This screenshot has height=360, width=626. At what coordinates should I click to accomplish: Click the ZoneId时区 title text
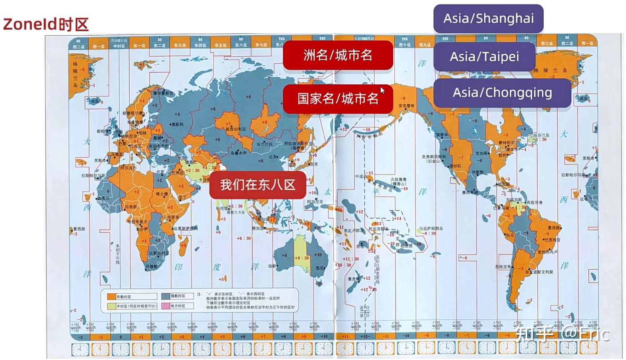[45, 24]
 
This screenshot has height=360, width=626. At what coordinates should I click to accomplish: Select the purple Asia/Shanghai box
[488, 18]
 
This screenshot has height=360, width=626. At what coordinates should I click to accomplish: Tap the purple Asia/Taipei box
[484, 57]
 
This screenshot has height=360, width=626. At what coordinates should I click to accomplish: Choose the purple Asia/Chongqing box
[502, 93]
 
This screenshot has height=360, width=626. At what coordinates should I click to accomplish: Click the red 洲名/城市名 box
[338, 55]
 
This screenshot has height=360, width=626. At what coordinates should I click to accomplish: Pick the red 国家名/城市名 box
[338, 99]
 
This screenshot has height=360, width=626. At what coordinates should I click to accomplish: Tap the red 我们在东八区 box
[257, 185]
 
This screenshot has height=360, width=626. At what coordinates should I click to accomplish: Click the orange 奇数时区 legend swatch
[111, 297]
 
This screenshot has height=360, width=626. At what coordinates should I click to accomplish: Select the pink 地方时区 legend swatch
[165, 306]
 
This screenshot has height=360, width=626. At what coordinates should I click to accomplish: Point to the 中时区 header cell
[119, 46]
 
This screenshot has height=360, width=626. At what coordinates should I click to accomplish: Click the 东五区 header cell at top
[220, 45]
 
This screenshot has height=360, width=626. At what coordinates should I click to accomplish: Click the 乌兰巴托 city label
[264, 144]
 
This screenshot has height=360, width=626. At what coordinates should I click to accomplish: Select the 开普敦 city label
[152, 266]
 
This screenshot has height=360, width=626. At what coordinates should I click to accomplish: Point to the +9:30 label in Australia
[302, 258]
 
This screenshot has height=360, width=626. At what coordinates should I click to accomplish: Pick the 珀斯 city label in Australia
[272, 266]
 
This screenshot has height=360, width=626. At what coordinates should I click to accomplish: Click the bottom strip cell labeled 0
[120, 337]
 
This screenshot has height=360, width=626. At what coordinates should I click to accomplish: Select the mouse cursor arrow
[382, 91]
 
